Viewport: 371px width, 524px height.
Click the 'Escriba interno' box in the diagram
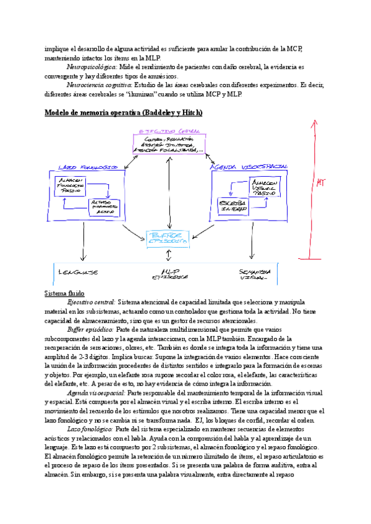233,206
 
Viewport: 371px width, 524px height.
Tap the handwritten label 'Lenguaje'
78,272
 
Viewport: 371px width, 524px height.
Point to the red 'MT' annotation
321,183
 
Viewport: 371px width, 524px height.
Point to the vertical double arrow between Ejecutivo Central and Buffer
167,193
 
